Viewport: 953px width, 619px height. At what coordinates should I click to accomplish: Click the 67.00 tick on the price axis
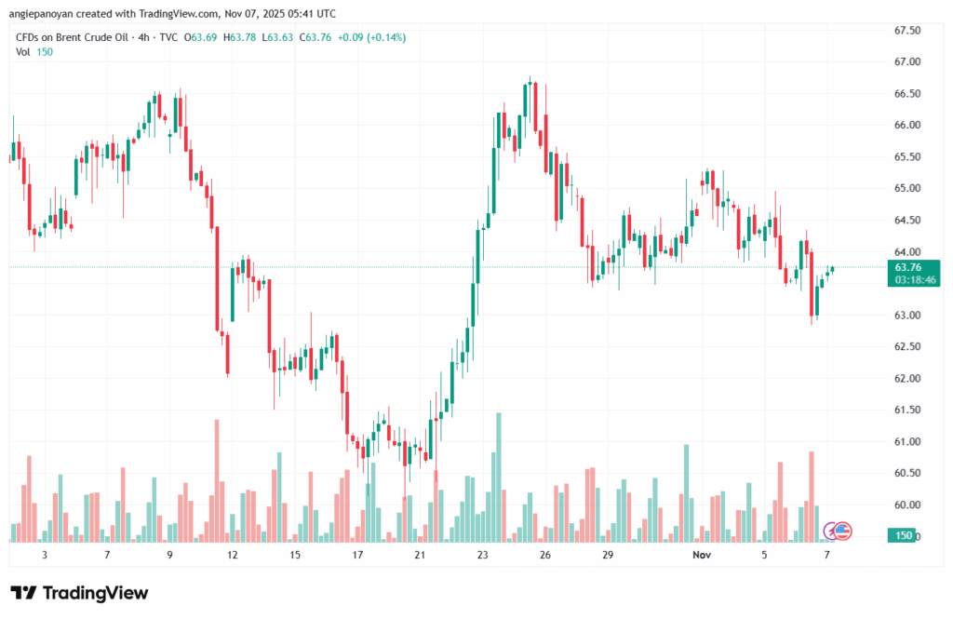point(907,61)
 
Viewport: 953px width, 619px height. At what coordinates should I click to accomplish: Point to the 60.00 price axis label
point(907,505)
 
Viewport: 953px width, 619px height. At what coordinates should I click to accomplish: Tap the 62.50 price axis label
point(907,346)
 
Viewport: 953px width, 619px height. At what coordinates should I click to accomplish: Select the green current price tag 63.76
point(907,266)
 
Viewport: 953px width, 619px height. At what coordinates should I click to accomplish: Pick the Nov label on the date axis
point(704,554)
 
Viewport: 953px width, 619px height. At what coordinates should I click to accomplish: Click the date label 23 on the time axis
point(482,554)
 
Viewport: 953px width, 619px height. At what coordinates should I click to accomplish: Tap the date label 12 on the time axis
point(232,554)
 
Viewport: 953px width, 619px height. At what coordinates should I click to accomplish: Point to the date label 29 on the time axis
point(607,554)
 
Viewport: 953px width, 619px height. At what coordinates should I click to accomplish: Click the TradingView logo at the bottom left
point(79,593)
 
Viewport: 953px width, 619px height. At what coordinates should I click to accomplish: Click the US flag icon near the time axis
point(842,532)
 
